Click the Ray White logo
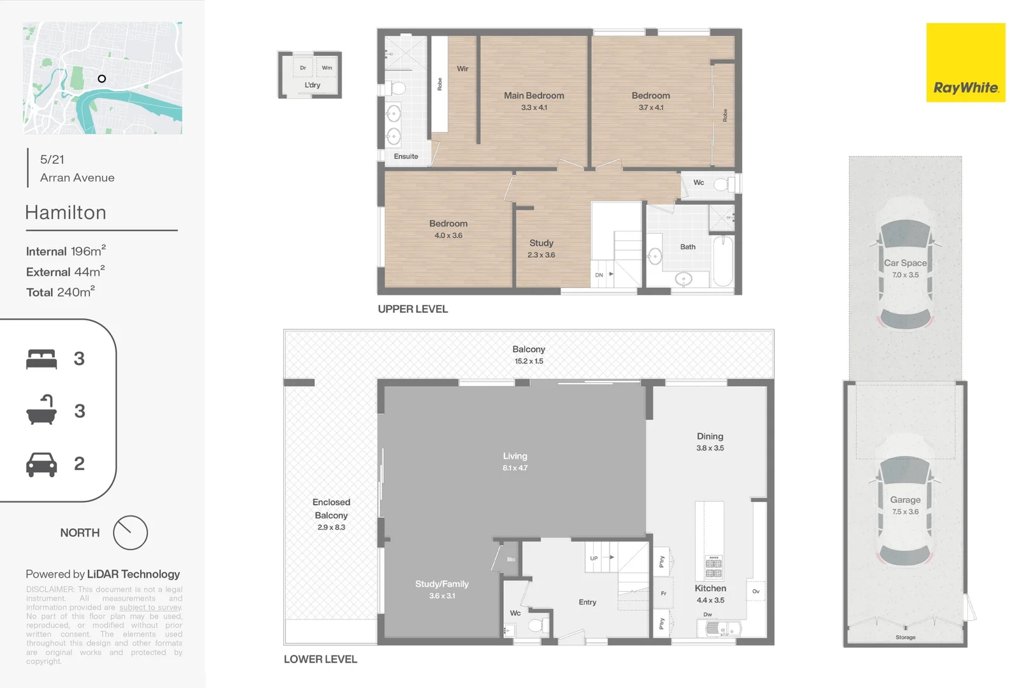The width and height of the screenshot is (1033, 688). tap(965, 63)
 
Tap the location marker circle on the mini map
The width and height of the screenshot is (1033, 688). tap(101, 79)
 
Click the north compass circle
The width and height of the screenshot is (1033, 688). tap(130, 533)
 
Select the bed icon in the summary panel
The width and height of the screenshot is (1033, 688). tap(41, 359)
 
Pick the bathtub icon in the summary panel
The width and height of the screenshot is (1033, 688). tap(41, 410)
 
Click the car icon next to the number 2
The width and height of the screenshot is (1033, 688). tap(41, 464)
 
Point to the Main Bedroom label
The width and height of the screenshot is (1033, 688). tap(534, 96)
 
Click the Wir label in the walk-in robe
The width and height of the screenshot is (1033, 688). tap(462, 69)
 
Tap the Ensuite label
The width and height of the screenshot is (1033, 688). tap(406, 157)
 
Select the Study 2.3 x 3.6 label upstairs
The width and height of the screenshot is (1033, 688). tap(541, 248)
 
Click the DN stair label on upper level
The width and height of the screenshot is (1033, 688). tap(599, 275)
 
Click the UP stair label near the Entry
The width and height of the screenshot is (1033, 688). tap(594, 559)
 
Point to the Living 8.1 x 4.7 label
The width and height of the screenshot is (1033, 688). tap(515, 461)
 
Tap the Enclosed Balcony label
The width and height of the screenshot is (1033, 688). tap(332, 509)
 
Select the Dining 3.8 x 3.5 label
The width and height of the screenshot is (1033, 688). tap(710, 441)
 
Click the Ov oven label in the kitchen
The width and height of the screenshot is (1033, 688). tap(756, 592)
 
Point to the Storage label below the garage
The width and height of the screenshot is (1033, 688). tap(905, 638)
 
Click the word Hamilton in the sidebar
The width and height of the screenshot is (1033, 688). tap(66, 213)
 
